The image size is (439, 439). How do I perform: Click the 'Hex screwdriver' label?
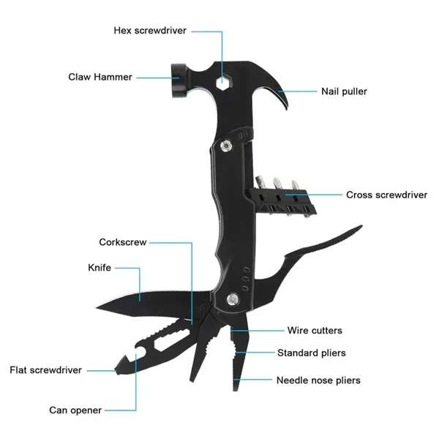[x=150, y=31]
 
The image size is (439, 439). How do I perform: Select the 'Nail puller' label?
[x=344, y=91]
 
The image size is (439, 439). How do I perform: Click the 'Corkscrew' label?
[x=123, y=242]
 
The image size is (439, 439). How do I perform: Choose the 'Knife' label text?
[x=99, y=268]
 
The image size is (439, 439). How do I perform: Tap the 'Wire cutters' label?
[x=314, y=331]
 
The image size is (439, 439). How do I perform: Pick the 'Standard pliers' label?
[x=311, y=353]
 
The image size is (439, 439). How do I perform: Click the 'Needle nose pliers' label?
[x=318, y=380]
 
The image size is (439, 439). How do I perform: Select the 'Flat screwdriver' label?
[x=45, y=370]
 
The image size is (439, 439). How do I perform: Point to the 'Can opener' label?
[x=75, y=410]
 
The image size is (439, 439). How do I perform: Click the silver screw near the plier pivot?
[x=232, y=299]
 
